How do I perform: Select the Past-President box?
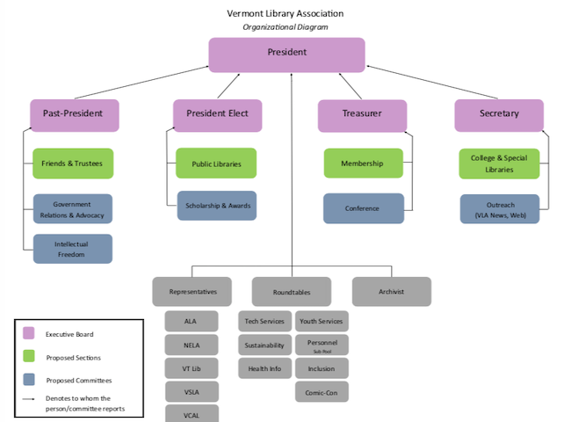(73, 114)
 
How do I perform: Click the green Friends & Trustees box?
(73, 164)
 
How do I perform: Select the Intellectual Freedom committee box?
(73, 249)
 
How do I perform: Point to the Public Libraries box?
(216, 164)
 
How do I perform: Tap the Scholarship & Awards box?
(217, 206)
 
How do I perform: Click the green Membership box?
(363, 164)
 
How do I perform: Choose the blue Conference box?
(363, 208)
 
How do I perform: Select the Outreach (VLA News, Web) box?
(499, 209)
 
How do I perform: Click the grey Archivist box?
(392, 291)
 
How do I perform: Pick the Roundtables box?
(291, 291)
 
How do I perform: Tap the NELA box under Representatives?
(192, 345)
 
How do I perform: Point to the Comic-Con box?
(322, 391)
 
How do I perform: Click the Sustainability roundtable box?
(264, 345)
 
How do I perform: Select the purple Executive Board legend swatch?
(28, 334)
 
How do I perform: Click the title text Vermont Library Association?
(285, 13)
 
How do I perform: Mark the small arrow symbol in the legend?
(28, 399)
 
